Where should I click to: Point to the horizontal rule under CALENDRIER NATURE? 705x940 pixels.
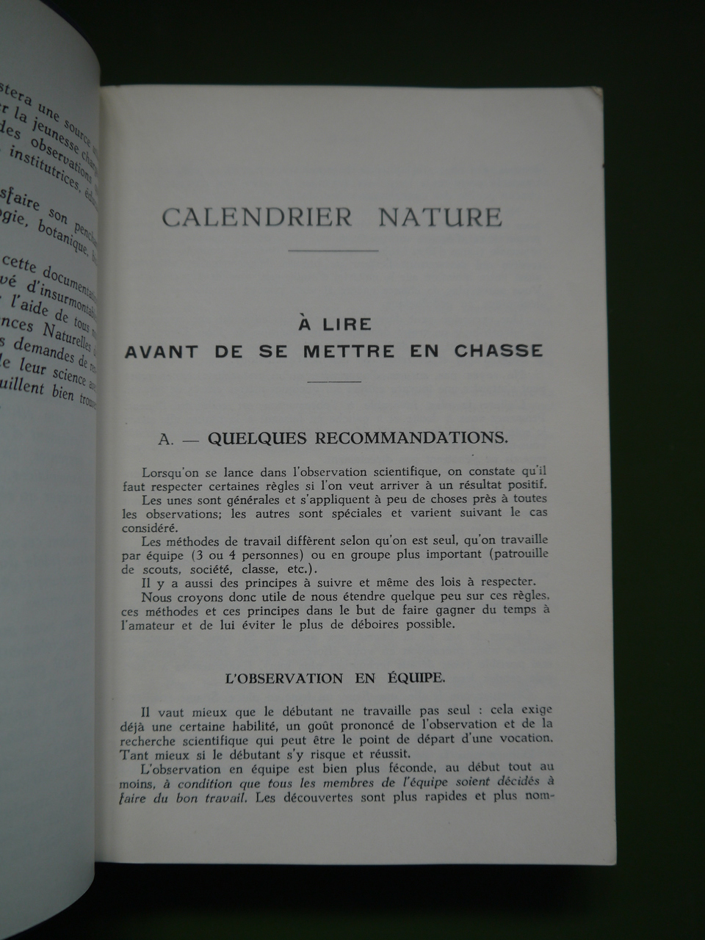pos(333,251)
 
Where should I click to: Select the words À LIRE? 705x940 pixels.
pos(334,324)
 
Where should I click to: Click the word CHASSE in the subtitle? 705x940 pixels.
pos(499,350)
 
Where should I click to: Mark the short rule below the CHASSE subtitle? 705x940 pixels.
pos(334,382)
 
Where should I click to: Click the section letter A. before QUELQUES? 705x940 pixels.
pos(167,438)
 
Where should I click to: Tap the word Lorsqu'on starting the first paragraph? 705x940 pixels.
pos(170,471)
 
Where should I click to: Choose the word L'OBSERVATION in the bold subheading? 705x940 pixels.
pos(283,678)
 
